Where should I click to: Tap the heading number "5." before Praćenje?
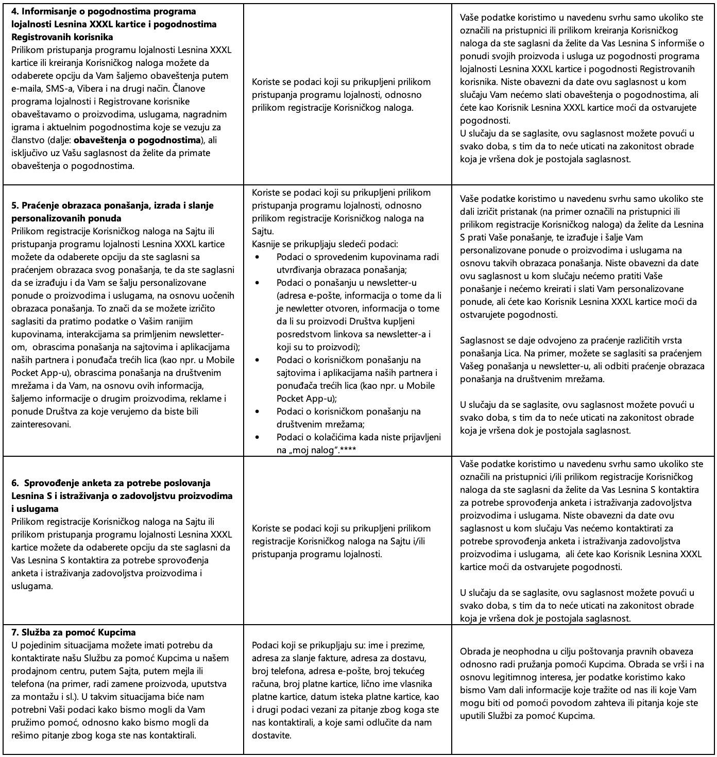point(15,205)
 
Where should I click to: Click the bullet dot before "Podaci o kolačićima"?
point(258,437)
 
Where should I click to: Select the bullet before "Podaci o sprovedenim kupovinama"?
point(258,257)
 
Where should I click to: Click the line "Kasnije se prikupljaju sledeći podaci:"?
point(325,244)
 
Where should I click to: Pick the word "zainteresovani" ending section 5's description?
point(41,424)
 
